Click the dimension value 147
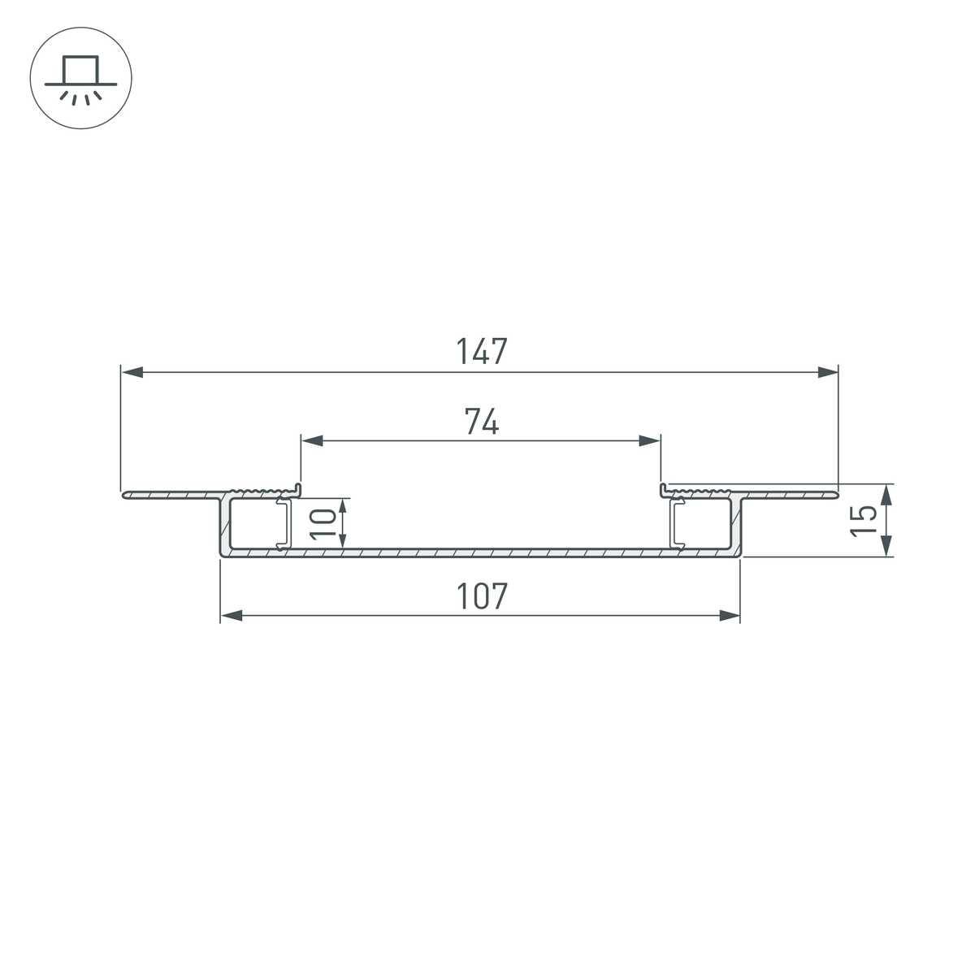(481, 352)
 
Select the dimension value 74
(481, 422)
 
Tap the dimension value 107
(481, 597)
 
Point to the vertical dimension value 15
(864, 521)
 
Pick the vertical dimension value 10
(323, 523)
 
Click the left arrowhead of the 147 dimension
(132, 372)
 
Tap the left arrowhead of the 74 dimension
(313, 441)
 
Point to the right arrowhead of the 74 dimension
(650, 441)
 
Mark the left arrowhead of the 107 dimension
(232, 617)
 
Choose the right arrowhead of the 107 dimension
(730, 617)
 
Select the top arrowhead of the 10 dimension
(344, 509)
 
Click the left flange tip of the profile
(125, 494)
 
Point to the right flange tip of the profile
(834, 492)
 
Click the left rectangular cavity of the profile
(254, 524)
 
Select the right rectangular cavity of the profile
(705, 524)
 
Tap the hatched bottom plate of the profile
(481, 552)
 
